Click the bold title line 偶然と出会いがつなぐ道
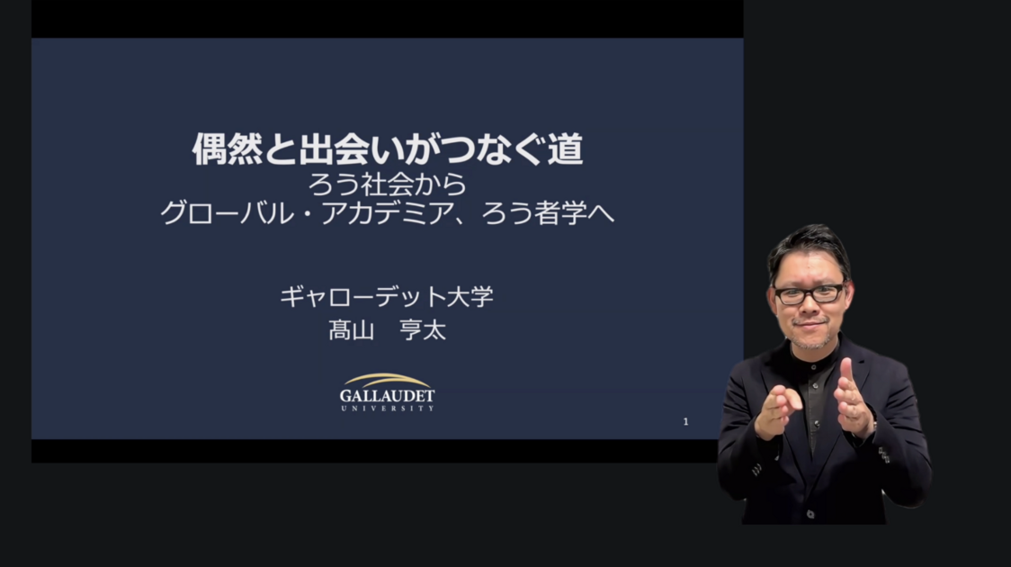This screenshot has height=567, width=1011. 388,149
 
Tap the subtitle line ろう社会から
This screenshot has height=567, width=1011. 387,184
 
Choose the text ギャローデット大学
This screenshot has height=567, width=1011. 387,297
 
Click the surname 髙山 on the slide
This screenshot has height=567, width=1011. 352,330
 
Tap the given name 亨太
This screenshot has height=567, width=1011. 423,330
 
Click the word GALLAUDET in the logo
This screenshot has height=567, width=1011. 387,395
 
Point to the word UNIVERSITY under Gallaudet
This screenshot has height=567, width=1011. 387,409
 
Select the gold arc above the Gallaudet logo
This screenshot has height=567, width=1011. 387,380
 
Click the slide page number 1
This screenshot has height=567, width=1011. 685,422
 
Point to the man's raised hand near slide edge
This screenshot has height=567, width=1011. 777,410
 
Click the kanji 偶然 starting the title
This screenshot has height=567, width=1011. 228,149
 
